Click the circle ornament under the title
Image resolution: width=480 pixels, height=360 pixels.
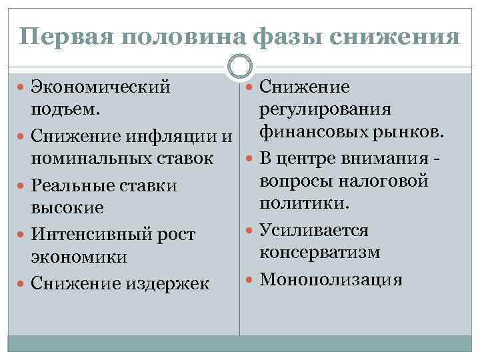(x=239, y=66)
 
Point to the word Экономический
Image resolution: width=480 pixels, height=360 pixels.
(x=101, y=87)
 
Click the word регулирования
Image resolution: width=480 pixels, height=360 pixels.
(x=325, y=109)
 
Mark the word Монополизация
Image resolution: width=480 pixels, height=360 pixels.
(x=331, y=278)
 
